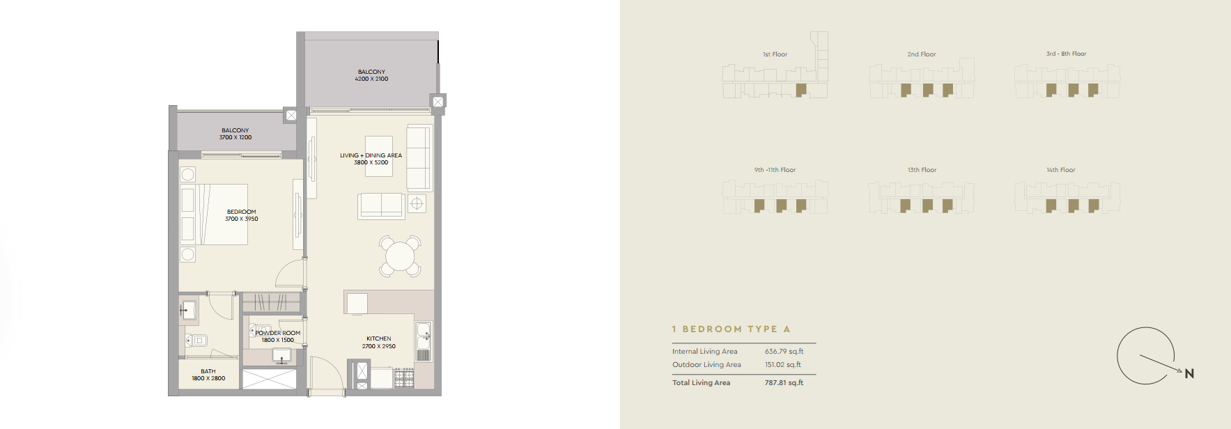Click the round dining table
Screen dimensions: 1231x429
click(x=400, y=256)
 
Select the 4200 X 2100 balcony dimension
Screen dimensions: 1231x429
click(x=371, y=79)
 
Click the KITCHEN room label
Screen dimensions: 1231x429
click(x=379, y=338)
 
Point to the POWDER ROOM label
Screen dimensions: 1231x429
click(x=278, y=333)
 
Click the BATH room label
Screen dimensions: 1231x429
click(x=208, y=371)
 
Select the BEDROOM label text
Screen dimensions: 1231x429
click(x=242, y=212)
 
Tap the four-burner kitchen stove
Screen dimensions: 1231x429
click(x=404, y=378)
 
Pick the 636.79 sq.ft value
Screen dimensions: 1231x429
click(x=784, y=352)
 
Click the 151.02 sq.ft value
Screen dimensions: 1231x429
click(x=783, y=365)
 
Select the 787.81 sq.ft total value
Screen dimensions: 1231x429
click(x=784, y=383)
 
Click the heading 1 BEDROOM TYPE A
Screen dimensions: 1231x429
click(x=731, y=329)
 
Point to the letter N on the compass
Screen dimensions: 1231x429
click(x=1189, y=374)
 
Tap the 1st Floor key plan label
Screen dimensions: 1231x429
click(x=775, y=54)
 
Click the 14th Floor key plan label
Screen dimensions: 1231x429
click(x=1061, y=170)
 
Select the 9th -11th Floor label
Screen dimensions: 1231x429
click(x=775, y=170)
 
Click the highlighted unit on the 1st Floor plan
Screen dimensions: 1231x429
click(x=801, y=90)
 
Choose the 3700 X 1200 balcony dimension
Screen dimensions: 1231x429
click(x=235, y=138)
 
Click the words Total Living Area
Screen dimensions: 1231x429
click(x=701, y=383)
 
